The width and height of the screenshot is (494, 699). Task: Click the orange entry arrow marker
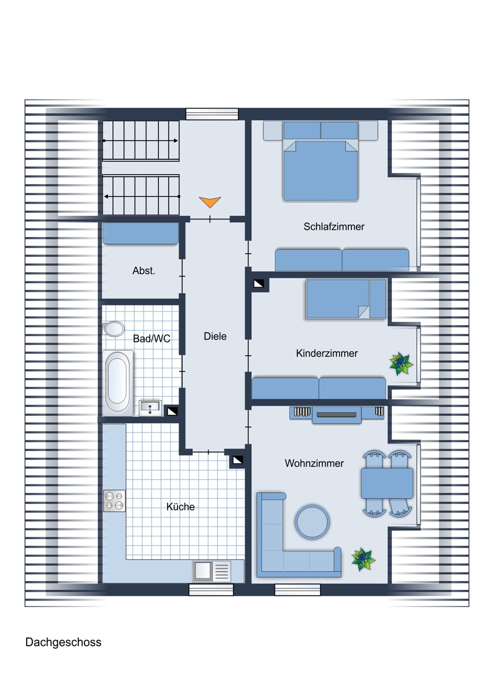tap(210, 202)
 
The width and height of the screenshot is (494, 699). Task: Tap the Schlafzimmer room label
tap(334, 227)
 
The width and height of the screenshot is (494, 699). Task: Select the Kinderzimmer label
tap(327, 354)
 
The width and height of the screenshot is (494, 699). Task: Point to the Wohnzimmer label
tap(314, 464)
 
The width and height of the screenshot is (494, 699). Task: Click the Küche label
tap(180, 507)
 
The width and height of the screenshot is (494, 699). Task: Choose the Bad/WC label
tap(151, 339)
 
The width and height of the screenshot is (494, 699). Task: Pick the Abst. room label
tap(144, 271)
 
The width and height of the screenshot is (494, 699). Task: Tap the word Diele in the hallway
tap(215, 336)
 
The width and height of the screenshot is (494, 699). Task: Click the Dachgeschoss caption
tap(63, 642)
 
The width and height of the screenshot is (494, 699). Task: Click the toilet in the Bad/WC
tap(114, 329)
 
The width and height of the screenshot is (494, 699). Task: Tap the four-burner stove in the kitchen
tap(115, 500)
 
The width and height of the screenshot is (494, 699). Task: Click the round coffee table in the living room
tap(312, 522)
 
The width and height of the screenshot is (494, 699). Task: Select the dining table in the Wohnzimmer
tap(387, 483)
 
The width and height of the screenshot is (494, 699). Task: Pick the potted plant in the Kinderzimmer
tap(401, 363)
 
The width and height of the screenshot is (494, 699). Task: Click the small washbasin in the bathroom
tap(150, 408)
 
